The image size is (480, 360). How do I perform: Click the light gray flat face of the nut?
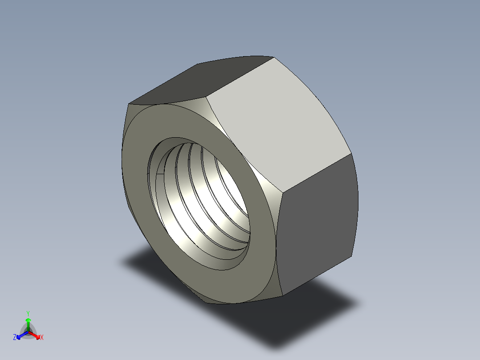(276, 125)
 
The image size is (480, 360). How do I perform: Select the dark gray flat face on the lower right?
(316, 223)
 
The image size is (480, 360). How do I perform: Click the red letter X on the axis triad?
(42, 338)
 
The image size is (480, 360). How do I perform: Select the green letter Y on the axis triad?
(28, 313)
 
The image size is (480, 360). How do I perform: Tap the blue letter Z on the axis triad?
(15, 338)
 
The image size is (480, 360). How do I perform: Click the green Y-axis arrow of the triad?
(28, 323)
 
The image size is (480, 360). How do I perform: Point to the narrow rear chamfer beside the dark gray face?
(355, 205)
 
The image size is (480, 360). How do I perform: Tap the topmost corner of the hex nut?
(273, 57)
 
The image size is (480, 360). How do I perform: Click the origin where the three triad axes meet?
(28, 332)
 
